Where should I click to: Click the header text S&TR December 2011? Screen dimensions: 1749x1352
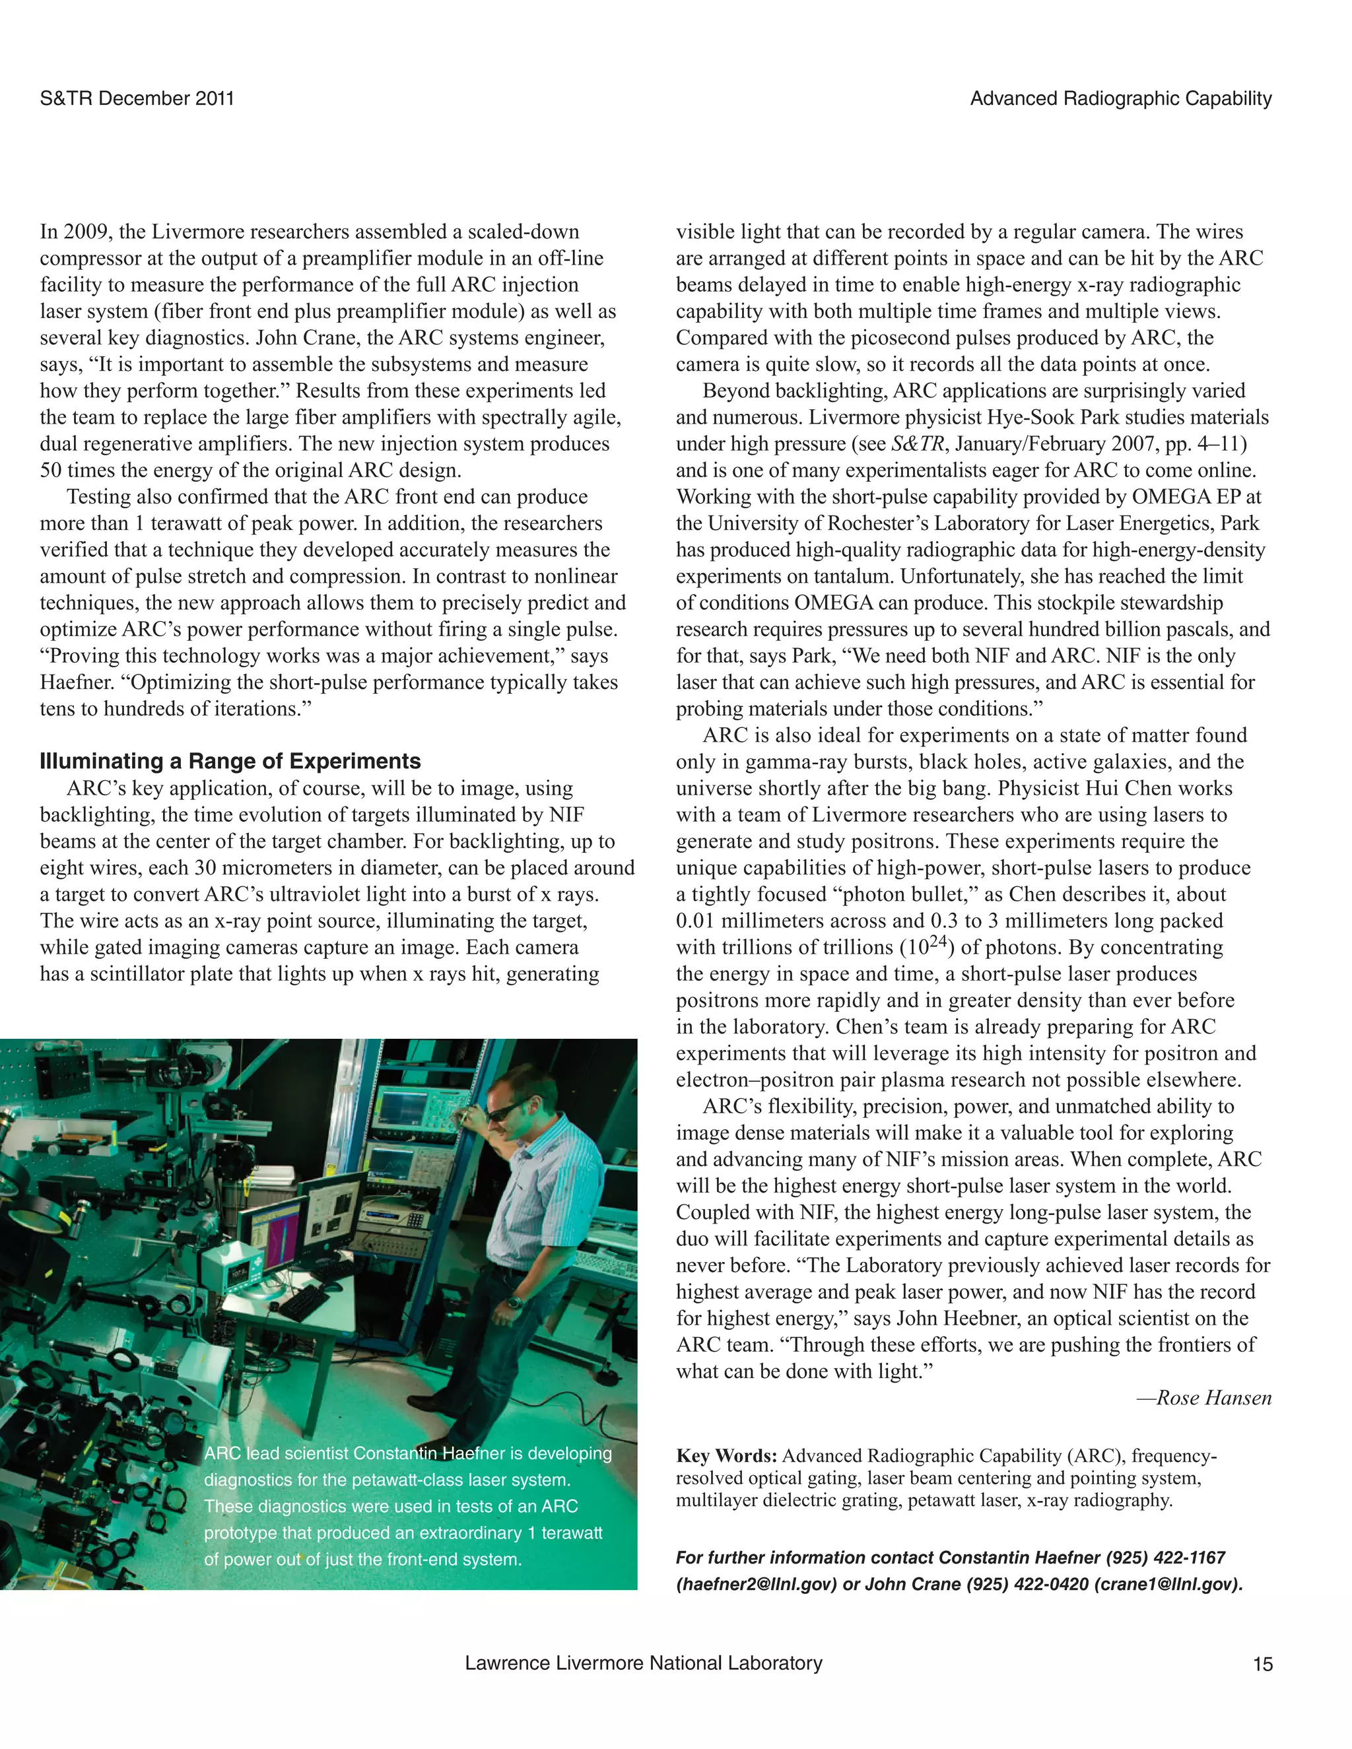(137, 98)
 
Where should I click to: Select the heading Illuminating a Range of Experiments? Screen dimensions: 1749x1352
(230, 761)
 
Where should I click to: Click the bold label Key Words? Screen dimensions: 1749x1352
(726, 1456)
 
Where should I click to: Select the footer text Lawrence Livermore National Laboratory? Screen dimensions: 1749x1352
(643, 1663)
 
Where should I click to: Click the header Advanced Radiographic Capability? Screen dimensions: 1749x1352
(1120, 98)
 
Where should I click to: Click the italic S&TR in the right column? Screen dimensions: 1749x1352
(917, 444)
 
